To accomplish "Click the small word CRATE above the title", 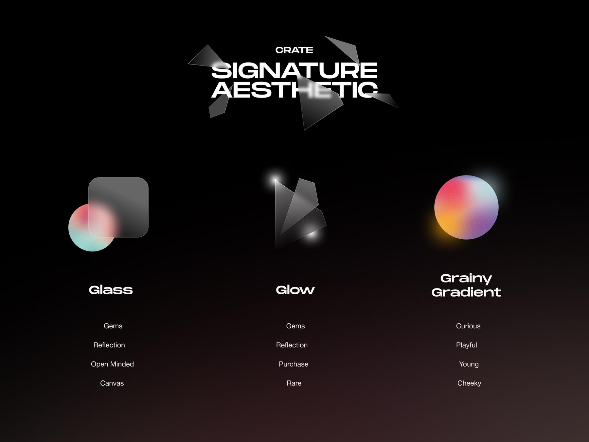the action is click(294, 50).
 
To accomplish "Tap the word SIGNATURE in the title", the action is click(294, 70).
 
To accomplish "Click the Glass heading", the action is click(111, 290).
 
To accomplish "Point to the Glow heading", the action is click(295, 290).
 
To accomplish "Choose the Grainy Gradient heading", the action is click(466, 285).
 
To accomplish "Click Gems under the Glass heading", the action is click(113, 326).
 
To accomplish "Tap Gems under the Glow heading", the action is click(295, 326).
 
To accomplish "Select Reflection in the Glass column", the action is click(109, 345).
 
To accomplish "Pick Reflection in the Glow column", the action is click(292, 345).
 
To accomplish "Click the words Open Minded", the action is click(112, 364).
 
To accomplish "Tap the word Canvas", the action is click(112, 383).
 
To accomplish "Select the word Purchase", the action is click(294, 364).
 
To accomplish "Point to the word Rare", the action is click(294, 383).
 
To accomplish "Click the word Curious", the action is click(468, 326).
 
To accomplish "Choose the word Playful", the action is click(467, 345).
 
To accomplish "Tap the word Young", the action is click(469, 364).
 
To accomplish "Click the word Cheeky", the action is click(469, 383).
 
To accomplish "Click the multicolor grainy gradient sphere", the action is click(466, 207).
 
